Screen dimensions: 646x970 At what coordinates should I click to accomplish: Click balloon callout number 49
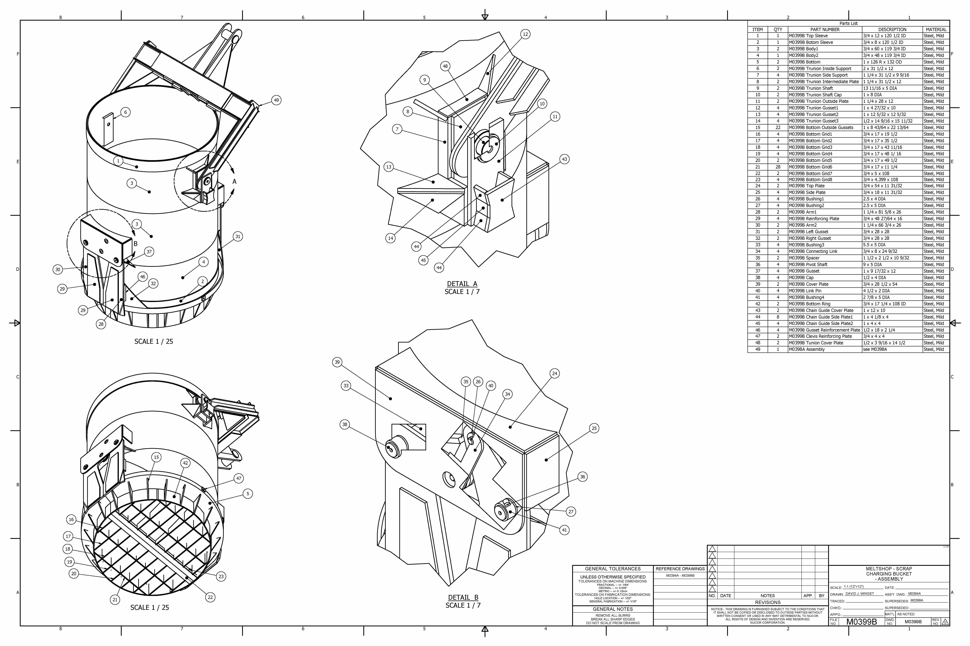point(276,100)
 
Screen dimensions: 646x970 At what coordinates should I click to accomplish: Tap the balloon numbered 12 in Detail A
point(525,34)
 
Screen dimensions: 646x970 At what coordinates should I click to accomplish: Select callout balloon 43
point(564,159)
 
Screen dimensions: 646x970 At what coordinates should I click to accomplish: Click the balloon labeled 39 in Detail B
point(337,362)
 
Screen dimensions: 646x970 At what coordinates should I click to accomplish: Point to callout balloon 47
point(238,478)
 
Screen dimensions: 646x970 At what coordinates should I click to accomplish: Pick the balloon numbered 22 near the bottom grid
point(210,597)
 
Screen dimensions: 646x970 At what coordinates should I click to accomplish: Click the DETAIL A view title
point(462,284)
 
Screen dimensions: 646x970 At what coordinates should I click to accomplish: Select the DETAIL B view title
point(463,597)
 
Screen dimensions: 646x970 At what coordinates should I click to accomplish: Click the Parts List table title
point(848,23)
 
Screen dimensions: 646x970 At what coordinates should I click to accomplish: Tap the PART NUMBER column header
point(825,30)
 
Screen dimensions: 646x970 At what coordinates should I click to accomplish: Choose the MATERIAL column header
point(936,30)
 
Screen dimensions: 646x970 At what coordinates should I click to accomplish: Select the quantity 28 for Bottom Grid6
point(778,167)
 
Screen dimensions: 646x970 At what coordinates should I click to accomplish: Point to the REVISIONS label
point(768,602)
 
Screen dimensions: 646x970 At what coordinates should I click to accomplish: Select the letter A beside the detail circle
point(234,182)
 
